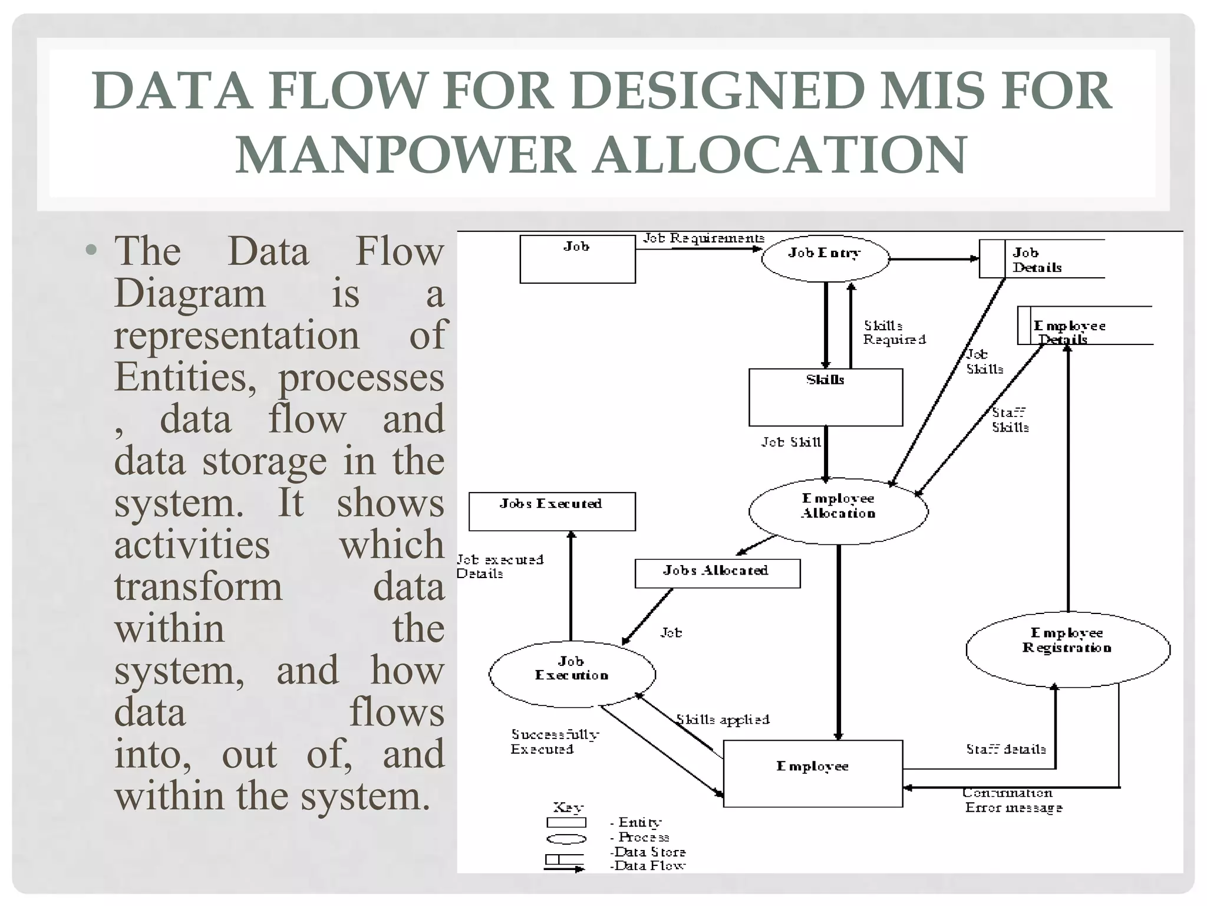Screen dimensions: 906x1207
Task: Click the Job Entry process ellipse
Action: point(825,258)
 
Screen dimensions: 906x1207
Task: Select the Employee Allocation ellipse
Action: point(838,510)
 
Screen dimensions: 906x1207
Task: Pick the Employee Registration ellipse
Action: point(1067,649)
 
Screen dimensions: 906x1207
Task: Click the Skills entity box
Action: point(825,397)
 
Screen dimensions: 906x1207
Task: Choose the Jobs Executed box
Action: point(552,511)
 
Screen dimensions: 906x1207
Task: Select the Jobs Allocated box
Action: point(717,573)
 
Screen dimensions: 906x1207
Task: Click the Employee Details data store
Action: point(1084,326)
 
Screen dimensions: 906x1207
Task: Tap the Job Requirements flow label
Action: point(703,238)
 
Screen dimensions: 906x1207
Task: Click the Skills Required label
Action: point(893,333)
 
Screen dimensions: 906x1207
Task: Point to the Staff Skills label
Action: point(1010,419)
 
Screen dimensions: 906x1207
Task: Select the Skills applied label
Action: point(723,720)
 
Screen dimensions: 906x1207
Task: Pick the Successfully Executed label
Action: point(554,741)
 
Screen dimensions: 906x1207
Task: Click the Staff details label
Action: point(1005,749)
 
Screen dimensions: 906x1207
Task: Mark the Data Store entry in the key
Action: point(648,852)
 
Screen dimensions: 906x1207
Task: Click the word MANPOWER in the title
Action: point(405,155)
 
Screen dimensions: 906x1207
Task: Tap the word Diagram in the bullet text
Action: point(189,293)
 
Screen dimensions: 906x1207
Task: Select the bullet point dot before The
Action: point(91,250)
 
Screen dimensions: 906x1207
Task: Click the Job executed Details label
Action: point(499,566)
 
